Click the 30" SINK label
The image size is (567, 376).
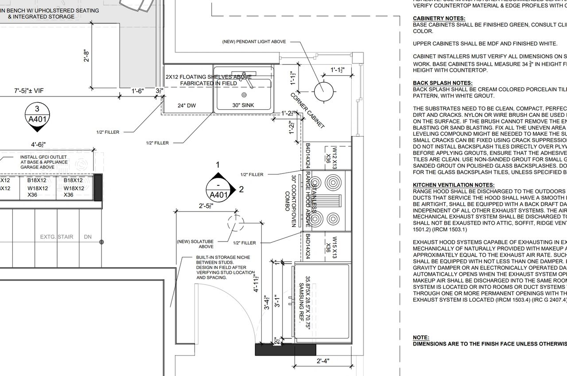point(243,105)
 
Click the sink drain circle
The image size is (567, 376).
point(244,95)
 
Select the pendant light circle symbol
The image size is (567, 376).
point(323,91)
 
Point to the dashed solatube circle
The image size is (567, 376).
point(235,223)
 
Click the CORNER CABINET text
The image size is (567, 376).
point(308,110)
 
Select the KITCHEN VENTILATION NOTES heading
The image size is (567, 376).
point(454,185)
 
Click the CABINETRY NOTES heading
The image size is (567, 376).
point(439,19)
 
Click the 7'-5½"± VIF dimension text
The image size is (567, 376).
point(28,91)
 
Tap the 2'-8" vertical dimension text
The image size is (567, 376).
point(86,56)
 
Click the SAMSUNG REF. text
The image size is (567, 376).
point(301,307)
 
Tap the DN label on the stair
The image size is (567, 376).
point(88,237)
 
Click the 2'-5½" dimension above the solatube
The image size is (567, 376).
point(206,206)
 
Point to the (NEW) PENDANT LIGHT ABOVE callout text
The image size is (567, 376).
point(254,42)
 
